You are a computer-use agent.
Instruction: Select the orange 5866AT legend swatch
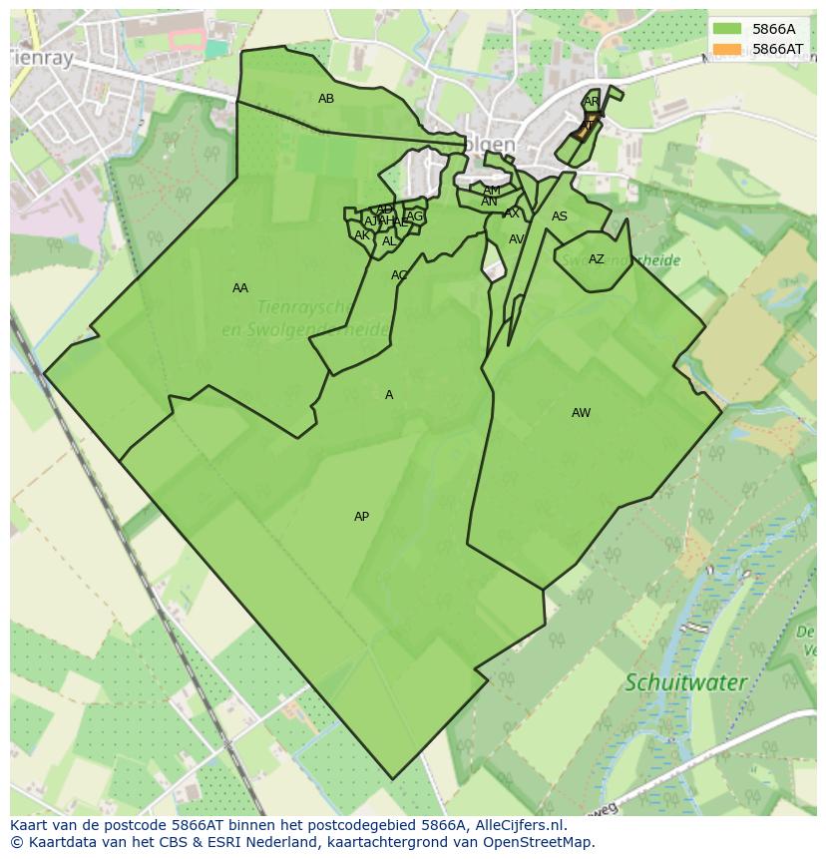tap(727, 49)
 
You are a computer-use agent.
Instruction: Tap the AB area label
tap(326, 99)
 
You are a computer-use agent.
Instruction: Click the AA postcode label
tap(240, 288)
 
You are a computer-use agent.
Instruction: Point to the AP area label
tap(361, 517)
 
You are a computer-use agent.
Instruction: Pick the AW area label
tap(581, 413)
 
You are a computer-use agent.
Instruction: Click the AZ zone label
tap(597, 259)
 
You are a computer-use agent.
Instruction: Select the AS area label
tap(560, 216)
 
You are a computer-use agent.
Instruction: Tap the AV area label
tap(517, 239)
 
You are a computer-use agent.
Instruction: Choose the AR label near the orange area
tap(592, 102)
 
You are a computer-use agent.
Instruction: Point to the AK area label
tap(362, 235)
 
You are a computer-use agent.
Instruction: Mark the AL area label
tap(389, 241)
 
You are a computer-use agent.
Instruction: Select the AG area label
tap(415, 216)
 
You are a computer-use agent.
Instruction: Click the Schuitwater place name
tap(685, 683)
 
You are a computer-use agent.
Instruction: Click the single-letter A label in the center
tap(389, 395)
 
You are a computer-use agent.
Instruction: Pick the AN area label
tap(489, 202)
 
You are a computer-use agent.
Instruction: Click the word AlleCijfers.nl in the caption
tap(520, 825)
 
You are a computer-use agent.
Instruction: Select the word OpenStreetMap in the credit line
tap(538, 842)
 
